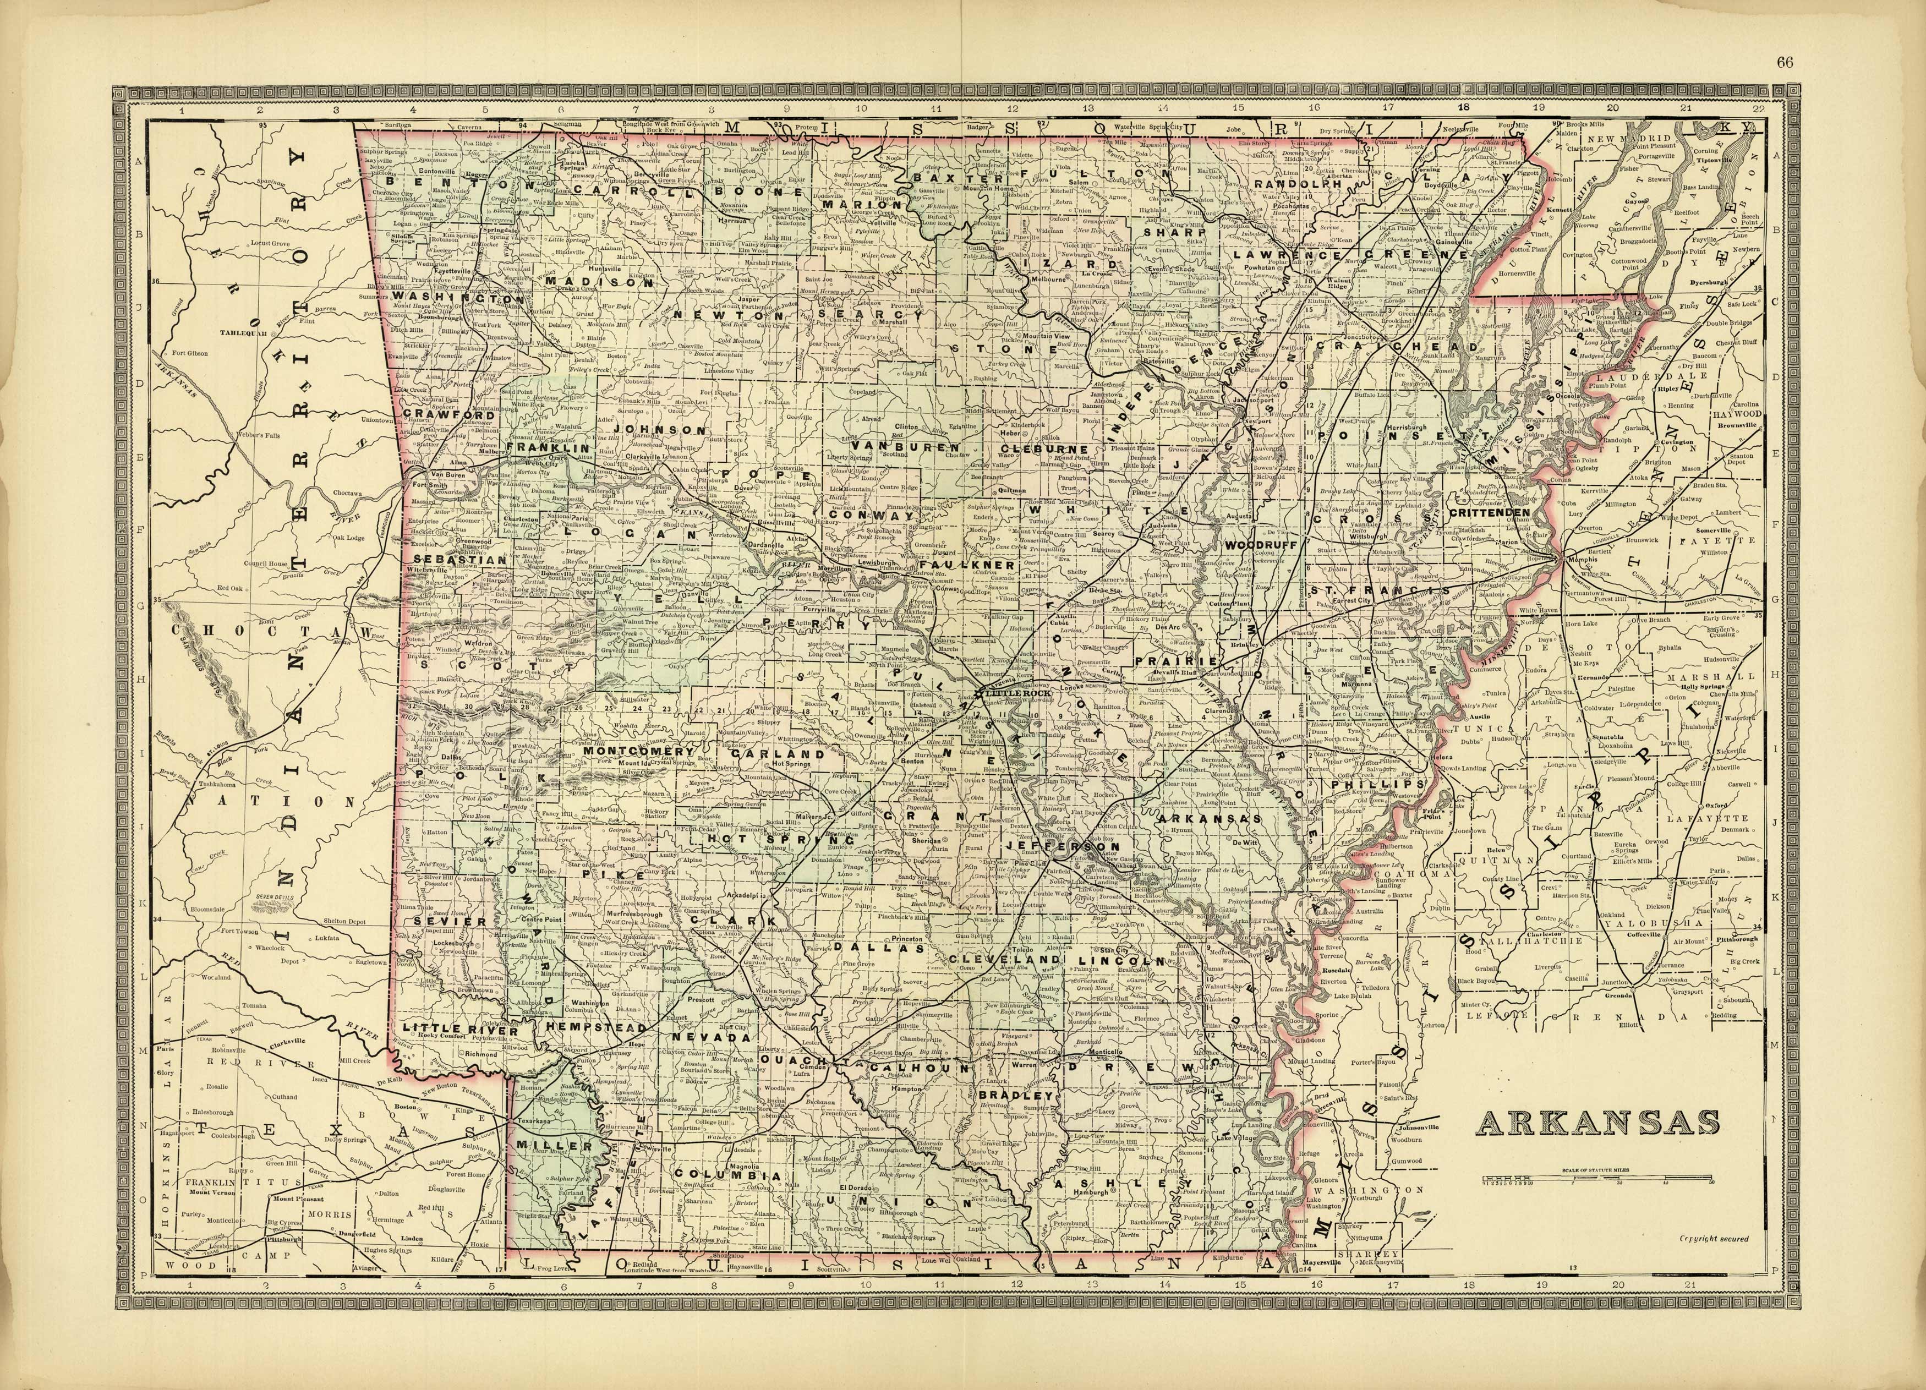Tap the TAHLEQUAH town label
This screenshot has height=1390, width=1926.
(242, 332)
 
